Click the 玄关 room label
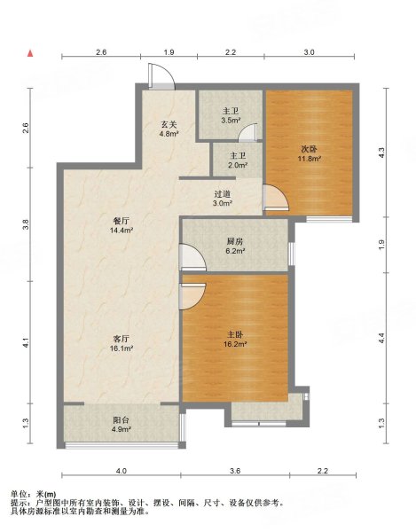(169, 124)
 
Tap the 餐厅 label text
(122, 221)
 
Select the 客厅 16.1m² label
(122, 343)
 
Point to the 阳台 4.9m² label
(122, 425)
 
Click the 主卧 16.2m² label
(235, 340)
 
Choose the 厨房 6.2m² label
(235, 246)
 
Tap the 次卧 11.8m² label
(309, 153)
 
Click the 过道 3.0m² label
(223, 199)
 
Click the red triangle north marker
(30, 53)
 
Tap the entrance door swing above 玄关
(161, 76)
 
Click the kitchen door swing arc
(192, 257)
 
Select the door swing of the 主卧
(192, 296)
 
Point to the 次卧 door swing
(276, 198)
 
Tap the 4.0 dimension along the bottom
(122, 471)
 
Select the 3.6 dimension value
(235, 471)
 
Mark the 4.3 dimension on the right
(381, 153)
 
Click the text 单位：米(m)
(33, 494)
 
